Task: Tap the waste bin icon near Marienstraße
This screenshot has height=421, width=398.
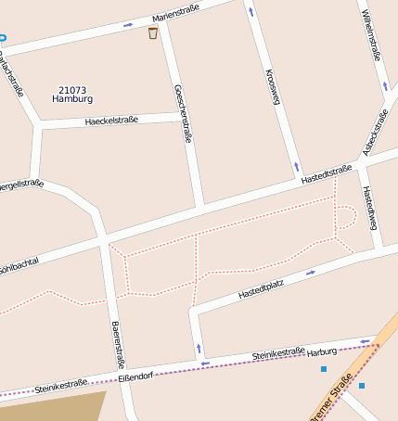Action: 153,33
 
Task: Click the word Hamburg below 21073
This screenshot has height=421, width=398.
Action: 72,98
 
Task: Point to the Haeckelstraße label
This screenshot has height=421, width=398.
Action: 110,120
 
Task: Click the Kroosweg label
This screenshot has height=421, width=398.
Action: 272,86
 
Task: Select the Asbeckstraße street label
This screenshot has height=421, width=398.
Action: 375,132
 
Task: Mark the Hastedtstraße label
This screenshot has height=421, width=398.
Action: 327,174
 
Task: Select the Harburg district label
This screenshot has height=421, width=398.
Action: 322,351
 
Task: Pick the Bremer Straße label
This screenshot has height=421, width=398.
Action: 332,397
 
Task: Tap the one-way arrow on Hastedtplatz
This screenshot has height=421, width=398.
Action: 311,273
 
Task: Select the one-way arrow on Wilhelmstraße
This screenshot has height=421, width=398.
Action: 386,86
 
